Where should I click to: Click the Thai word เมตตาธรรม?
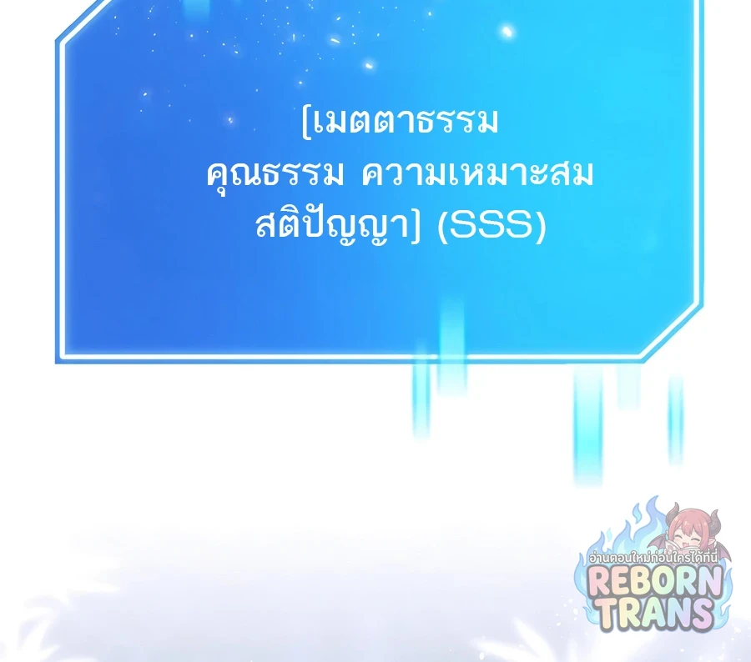406,122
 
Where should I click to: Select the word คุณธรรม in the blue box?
275,174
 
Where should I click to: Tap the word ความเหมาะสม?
477,173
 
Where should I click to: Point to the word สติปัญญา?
332,225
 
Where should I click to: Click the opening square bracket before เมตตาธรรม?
306,123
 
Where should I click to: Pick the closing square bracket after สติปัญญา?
415,227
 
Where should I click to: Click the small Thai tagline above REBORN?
653,557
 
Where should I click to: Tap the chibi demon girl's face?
689,532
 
